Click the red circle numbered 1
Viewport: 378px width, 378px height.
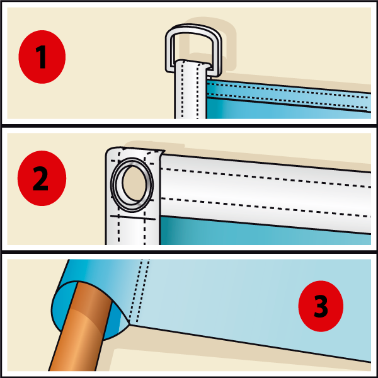point(42,57)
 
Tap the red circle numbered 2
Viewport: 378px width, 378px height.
point(42,178)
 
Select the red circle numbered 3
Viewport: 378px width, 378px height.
point(321,306)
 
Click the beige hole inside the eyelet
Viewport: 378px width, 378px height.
point(134,183)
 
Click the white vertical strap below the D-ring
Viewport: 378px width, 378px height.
point(190,91)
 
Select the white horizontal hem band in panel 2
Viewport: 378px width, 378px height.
point(265,193)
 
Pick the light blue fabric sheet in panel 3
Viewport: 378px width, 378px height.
point(241,301)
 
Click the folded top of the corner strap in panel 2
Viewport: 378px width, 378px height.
point(135,151)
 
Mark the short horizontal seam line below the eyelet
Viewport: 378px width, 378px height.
point(133,218)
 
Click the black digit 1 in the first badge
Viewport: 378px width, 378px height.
point(42,57)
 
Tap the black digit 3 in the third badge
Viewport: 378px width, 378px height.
point(321,306)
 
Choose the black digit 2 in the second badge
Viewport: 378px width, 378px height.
point(40,178)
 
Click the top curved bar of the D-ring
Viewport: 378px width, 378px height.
point(193,27)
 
